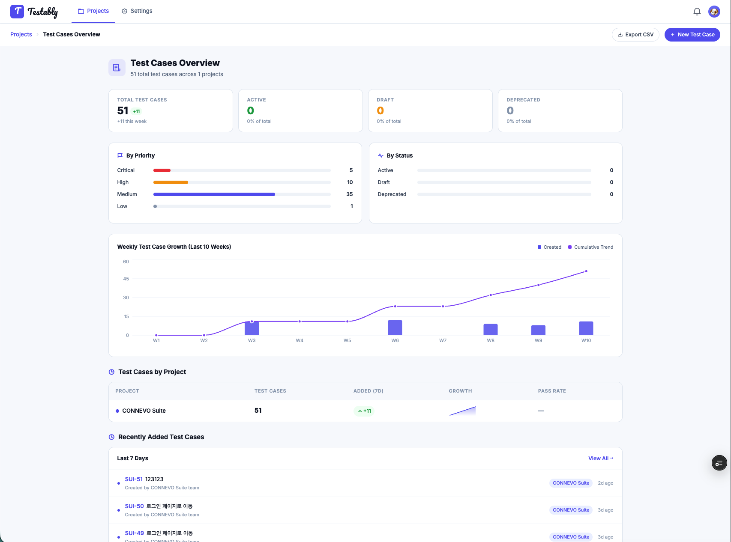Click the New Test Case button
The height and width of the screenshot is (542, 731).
(x=692, y=35)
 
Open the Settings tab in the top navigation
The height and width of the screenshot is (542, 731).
(x=137, y=11)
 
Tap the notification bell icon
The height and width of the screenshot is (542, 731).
(x=697, y=12)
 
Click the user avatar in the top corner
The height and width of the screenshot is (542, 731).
(x=714, y=12)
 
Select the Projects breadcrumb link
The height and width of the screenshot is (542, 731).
(x=21, y=35)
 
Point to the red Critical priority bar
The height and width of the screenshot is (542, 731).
(x=162, y=170)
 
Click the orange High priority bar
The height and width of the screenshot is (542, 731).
(x=171, y=182)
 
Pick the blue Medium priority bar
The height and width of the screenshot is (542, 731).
(x=214, y=194)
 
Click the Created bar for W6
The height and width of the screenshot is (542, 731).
(x=395, y=328)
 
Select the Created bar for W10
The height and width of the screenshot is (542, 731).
(x=586, y=328)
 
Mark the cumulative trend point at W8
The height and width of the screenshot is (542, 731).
(x=491, y=295)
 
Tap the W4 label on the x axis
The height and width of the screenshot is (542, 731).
(x=300, y=340)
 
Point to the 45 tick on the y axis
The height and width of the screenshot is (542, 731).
(x=126, y=279)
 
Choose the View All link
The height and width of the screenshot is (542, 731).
(x=601, y=459)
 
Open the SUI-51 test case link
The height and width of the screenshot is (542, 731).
(x=134, y=479)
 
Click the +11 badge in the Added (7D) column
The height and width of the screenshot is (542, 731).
(x=364, y=411)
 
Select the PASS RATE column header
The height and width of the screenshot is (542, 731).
(x=552, y=391)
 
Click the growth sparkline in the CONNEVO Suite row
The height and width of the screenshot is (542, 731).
(x=462, y=411)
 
